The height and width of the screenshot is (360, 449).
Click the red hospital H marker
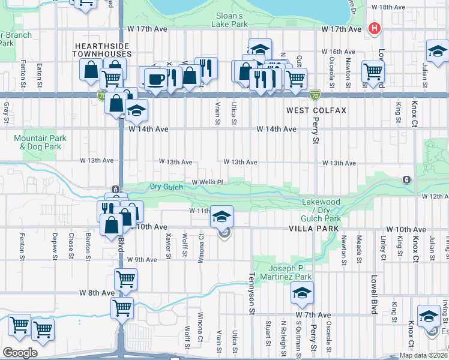coord(375,28)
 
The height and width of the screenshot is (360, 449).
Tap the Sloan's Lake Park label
coord(229,20)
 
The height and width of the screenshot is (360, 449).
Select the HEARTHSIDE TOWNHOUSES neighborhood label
coord(103,50)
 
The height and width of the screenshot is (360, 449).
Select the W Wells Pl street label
coord(207,182)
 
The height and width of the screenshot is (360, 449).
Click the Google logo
coord(20,353)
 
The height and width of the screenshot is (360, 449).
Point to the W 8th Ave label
coord(97,293)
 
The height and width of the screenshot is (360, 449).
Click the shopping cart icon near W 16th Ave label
coord(373,71)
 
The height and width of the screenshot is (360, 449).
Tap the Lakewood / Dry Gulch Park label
coord(321,211)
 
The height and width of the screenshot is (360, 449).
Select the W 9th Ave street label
coord(142,259)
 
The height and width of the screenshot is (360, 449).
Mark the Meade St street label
coord(359,250)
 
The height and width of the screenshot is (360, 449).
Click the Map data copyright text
coord(423,355)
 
